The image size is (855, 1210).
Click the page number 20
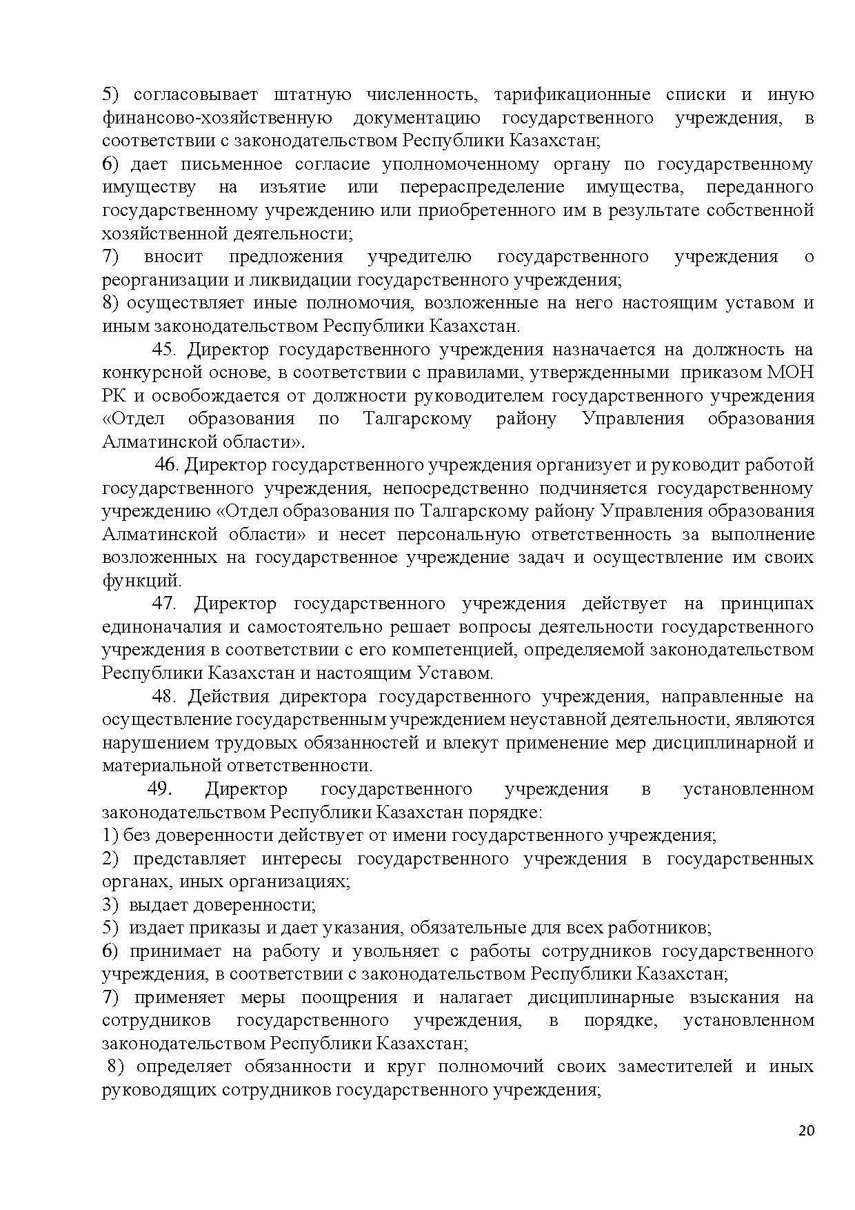coord(806,1131)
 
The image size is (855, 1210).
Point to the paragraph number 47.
coord(164,604)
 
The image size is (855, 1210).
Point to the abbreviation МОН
coord(789,373)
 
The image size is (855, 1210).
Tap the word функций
coord(141,580)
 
